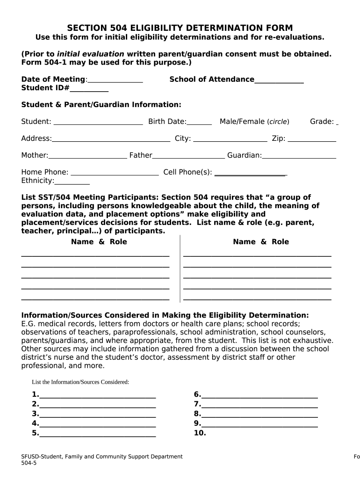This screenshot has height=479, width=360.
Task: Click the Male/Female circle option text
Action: pyautogui.click(x=254, y=122)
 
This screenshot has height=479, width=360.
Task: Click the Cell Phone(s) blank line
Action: pyautogui.click(x=250, y=174)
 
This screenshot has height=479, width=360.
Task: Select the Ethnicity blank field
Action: pyautogui.click(x=72, y=183)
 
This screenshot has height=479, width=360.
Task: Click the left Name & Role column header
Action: pyautogui.click(x=99, y=242)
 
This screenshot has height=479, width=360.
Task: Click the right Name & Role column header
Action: pyautogui.click(x=261, y=242)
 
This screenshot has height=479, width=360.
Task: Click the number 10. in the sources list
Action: pyautogui.click(x=200, y=433)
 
